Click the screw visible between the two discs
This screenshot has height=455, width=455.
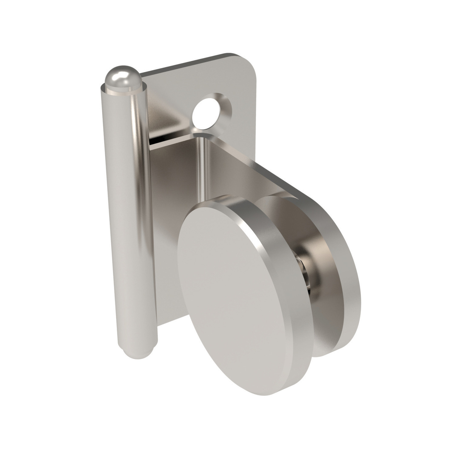tap(306, 273)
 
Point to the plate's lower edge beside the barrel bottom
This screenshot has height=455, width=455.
tap(164, 325)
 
